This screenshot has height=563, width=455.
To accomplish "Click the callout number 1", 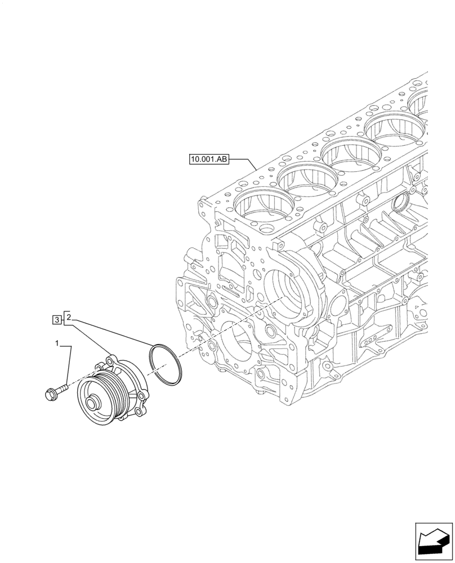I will pos(56,342).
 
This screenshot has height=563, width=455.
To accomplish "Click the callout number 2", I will pos(68,319).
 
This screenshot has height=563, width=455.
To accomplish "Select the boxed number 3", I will pos(57,320).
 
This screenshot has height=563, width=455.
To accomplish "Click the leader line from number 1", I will pos(69,366).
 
